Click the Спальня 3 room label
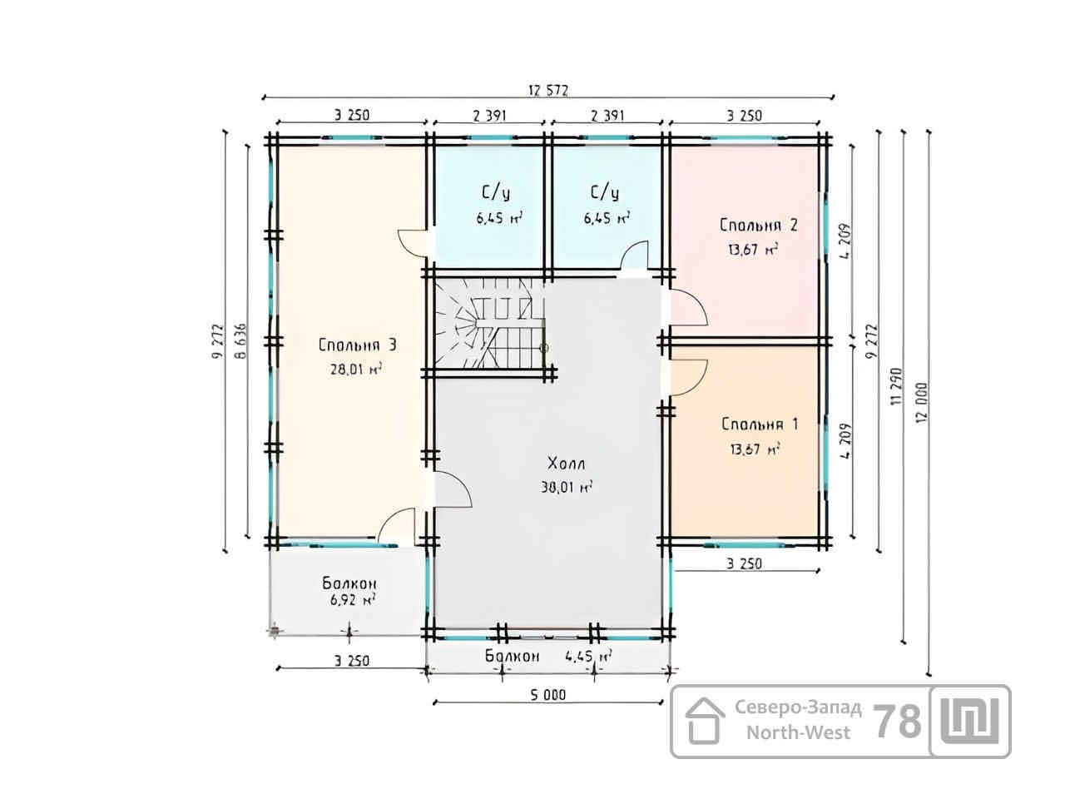[x=357, y=345]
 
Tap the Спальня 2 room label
[x=758, y=225]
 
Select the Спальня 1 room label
[x=760, y=424]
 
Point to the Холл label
[x=567, y=464]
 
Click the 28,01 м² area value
[x=355, y=370]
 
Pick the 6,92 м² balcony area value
[x=353, y=601]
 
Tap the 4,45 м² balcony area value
[x=588, y=657]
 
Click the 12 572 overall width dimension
[x=548, y=91]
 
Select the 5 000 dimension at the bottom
[x=547, y=695]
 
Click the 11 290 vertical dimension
[x=896, y=386]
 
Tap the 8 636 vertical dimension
[x=240, y=341]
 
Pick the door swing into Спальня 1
[x=689, y=378]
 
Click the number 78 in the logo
[x=897, y=722]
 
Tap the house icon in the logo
[x=705, y=721]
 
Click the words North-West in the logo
[x=798, y=732]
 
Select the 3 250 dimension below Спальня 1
[x=745, y=563]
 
